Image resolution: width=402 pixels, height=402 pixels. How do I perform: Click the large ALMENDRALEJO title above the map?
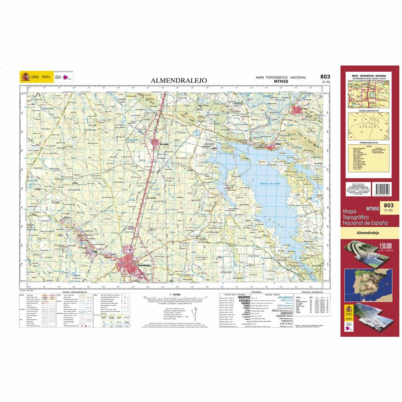click(x=179, y=80)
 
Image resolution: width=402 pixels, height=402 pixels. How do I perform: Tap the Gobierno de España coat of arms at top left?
click(x=25, y=77)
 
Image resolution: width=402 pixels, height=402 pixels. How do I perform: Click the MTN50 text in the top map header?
click(x=281, y=81)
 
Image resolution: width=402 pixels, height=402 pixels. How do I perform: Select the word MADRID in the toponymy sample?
click(x=244, y=297)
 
